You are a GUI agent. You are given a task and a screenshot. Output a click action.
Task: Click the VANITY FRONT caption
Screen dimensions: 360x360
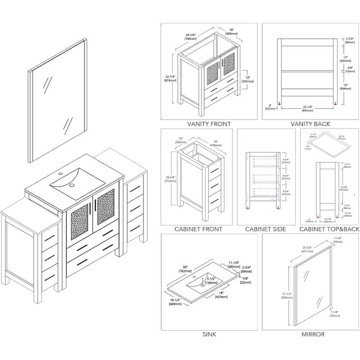point(209,124)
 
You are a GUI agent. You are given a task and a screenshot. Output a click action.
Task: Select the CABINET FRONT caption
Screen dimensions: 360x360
point(198,229)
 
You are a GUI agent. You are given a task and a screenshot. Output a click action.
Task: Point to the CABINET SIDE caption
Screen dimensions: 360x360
point(265,229)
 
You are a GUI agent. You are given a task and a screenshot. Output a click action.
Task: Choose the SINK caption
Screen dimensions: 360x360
point(209,334)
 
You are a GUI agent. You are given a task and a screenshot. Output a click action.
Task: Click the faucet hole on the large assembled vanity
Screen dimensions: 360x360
point(59,173)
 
